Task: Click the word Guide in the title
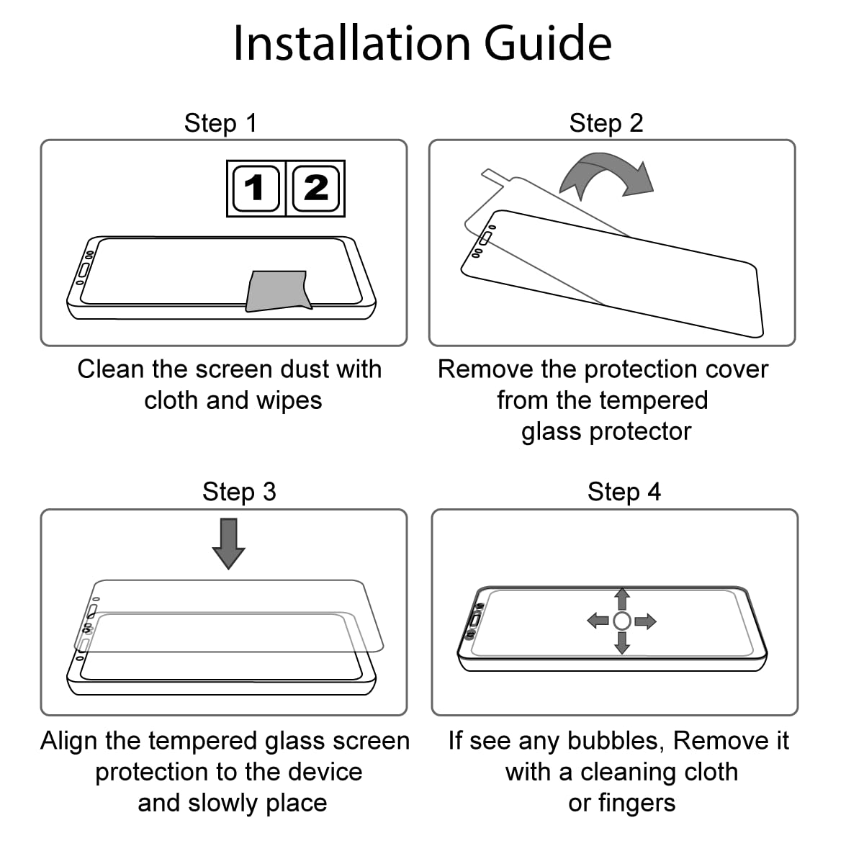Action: [x=547, y=43]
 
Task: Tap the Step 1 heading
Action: [x=220, y=123]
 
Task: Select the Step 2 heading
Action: [x=606, y=123]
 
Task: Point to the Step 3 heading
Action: [x=239, y=492]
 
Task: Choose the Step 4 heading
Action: [x=624, y=492]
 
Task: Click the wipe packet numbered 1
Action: [x=256, y=189]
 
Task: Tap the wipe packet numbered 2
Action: [x=315, y=189]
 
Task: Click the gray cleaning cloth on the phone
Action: [x=279, y=291]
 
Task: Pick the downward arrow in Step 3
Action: [x=229, y=544]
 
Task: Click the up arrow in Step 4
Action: [x=622, y=599]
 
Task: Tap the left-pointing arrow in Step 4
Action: [x=598, y=621]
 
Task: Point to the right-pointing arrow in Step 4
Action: [x=646, y=621]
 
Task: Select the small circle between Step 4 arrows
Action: [x=622, y=621]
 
